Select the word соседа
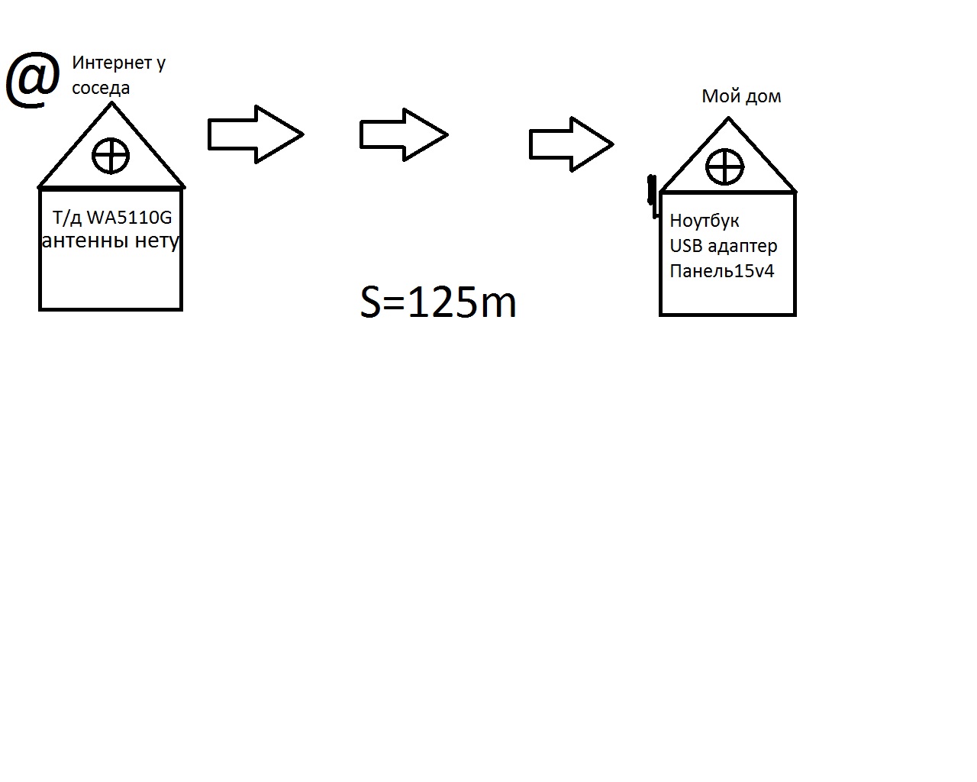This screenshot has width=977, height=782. point(101,89)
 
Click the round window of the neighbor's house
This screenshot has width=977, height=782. point(111,157)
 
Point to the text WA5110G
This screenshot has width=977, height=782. point(129,218)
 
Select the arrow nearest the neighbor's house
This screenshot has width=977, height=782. point(255,134)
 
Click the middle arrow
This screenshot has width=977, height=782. point(403,134)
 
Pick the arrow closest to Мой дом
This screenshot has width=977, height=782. point(571,144)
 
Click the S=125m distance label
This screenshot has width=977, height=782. point(438,302)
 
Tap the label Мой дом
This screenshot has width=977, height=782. point(741,97)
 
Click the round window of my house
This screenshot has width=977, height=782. point(724,167)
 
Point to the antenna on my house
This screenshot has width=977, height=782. point(653,195)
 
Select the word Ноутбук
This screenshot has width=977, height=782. point(705,221)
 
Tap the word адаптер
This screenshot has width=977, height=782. point(743,247)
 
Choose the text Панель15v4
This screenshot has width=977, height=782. point(722,271)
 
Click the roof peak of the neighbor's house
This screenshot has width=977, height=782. point(111,105)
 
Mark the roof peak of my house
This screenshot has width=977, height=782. point(728,119)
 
